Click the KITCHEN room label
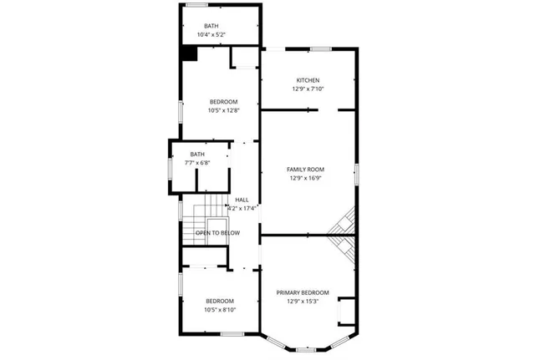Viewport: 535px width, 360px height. pyautogui.click(x=308, y=80)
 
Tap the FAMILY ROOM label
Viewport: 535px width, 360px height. pyautogui.click(x=307, y=170)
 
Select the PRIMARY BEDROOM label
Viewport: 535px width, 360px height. pyautogui.click(x=303, y=292)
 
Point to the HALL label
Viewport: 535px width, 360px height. pyautogui.click(x=242, y=200)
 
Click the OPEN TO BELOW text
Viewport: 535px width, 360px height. pyautogui.click(x=217, y=233)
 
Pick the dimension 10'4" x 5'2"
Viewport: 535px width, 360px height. pyautogui.click(x=211, y=35)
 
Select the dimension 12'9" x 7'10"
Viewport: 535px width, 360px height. pyautogui.click(x=308, y=89)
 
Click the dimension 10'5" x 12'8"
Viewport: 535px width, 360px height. pyautogui.click(x=223, y=110)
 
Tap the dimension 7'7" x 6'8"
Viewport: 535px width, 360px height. pyautogui.click(x=197, y=162)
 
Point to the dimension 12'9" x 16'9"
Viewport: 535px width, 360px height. pyautogui.click(x=307, y=178)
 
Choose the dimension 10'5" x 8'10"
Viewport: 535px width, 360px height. pyautogui.click(x=220, y=309)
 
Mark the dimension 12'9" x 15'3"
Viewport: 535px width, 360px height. pyautogui.click(x=303, y=301)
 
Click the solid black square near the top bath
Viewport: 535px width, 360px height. pyautogui.click(x=190, y=53)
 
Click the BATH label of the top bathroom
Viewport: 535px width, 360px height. pyautogui.click(x=211, y=26)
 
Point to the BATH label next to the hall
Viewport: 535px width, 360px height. pyautogui.click(x=197, y=154)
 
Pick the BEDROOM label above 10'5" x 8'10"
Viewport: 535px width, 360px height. pyautogui.click(x=220, y=301)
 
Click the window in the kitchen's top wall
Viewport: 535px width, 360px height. pyautogui.click(x=321, y=48)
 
